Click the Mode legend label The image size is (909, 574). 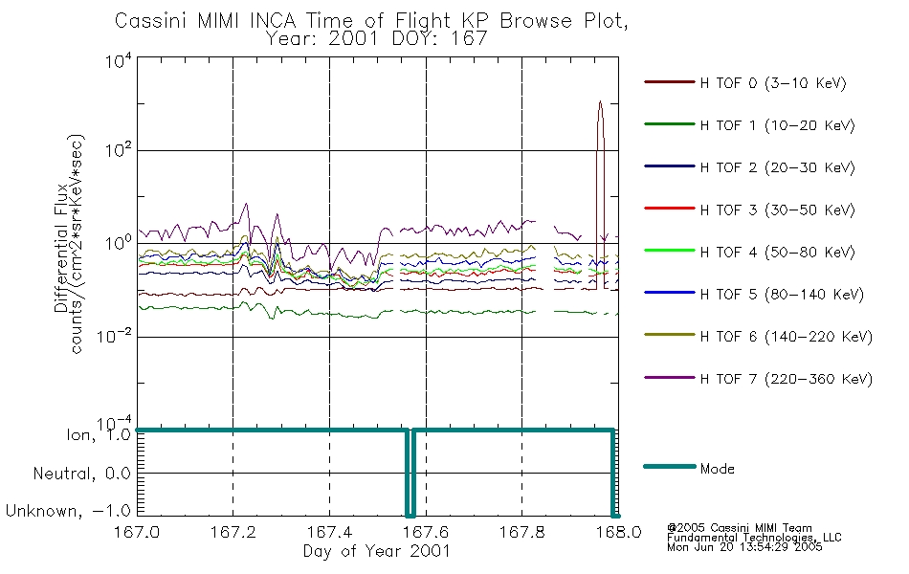(717, 469)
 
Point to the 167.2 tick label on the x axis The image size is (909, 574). (233, 532)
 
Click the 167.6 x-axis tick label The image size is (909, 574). (426, 532)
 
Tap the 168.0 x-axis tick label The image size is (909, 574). (618, 532)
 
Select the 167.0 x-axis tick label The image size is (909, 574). (137, 532)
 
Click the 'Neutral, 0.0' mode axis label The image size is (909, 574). (81, 475)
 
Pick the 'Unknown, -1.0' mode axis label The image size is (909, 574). (68, 511)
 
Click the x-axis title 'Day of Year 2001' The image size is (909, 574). (377, 551)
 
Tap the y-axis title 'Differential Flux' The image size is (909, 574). (61, 248)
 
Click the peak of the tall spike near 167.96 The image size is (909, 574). (600, 101)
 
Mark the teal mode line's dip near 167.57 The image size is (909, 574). (410, 516)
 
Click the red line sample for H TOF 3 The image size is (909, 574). (669, 209)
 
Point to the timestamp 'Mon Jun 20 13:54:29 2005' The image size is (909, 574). (744, 547)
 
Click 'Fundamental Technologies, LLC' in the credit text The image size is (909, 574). (754, 538)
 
